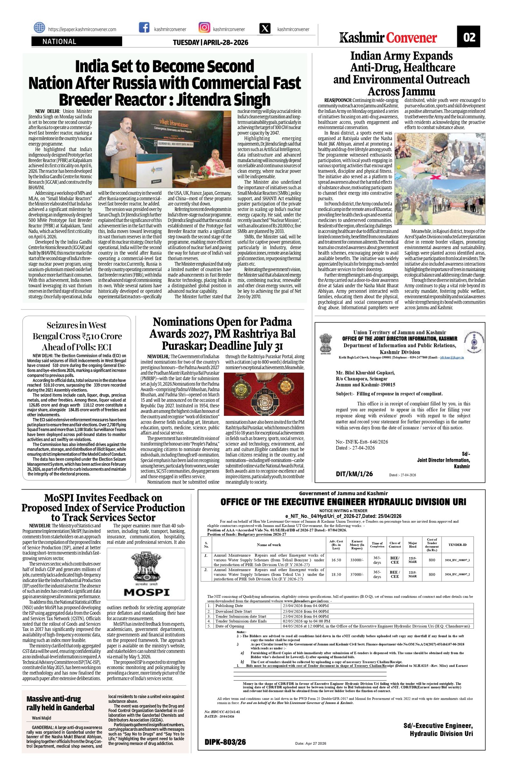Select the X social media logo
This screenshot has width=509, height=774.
point(266,29)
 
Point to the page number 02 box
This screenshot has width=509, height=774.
point(469,37)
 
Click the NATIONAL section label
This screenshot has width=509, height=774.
point(59,42)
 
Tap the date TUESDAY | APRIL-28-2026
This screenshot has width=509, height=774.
point(210,43)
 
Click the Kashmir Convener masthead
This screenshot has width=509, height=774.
point(388,38)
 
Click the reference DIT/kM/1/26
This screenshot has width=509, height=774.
point(354,474)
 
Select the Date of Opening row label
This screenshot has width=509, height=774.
point(229,626)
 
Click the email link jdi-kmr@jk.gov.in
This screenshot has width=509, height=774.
point(452,357)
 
